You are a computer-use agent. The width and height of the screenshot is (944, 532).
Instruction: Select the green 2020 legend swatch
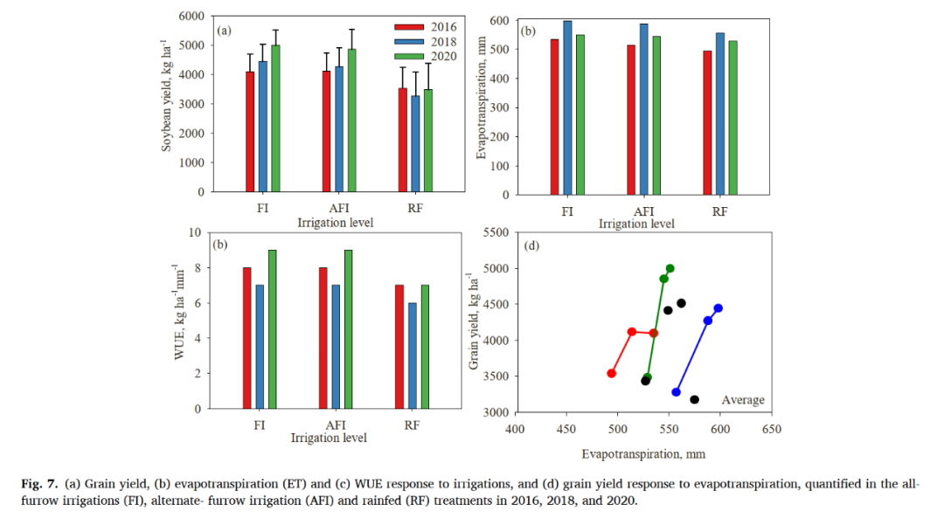click(x=408, y=57)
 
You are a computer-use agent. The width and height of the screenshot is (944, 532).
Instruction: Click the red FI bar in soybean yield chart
click(x=250, y=132)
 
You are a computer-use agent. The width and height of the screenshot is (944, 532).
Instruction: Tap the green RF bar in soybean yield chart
click(x=427, y=141)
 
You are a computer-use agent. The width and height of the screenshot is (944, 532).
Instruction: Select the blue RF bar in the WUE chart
click(x=412, y=356)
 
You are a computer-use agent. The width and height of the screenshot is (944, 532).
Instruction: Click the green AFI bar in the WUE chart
click(x=349, y=329)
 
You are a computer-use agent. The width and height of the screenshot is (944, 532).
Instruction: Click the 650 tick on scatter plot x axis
click(x=771, y=429)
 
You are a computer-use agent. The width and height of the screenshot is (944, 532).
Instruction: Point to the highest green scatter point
click(x=670, y=268)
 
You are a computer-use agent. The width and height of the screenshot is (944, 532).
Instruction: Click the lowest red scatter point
click(x=612, y=373)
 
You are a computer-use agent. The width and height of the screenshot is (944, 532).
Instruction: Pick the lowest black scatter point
click(x=694, y=399)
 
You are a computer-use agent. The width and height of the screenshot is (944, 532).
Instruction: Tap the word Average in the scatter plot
click(x=742, y=400)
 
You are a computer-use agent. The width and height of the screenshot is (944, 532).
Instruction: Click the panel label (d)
click(x=531, y=245)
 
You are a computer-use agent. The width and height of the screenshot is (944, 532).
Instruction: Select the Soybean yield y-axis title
click(x=166, y=96)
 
